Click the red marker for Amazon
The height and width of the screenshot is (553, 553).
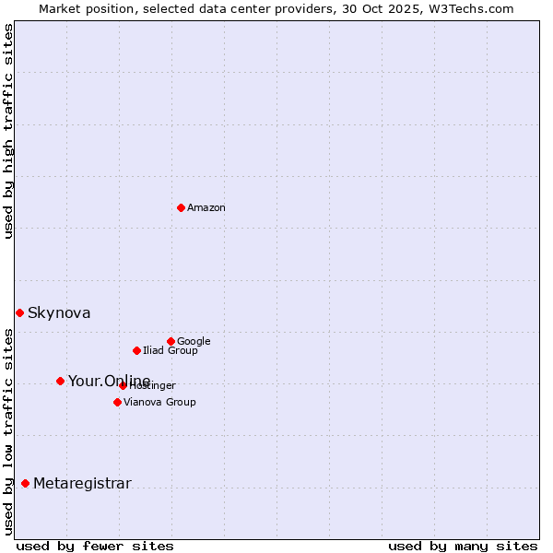pyautogui.click(x=181, y=207)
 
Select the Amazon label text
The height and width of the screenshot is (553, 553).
pyautogui.click(x=206, y=208)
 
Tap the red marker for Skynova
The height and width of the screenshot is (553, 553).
pyautogui.click(x=19, y=312)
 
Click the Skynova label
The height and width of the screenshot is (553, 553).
pyautogui.click(x=59, y=313)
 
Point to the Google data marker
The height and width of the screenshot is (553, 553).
pyautogui.click(x=171, y=341)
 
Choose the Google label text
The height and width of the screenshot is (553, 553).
pyautogui.click(x=194, y=342)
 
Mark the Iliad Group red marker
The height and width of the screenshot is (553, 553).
pyautogui.click(x=136, y=350)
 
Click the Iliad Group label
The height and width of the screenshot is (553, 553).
pyautogui.click(x=171, y=351)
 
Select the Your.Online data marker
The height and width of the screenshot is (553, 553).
pyautogui.click(x=60, y=381)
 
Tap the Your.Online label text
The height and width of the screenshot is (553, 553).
pyautogui.click(x=109, y=382)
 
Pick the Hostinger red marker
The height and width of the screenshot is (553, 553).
pyautogui.click(x=123, y=385)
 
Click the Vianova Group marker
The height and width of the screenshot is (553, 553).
pyautogui.click(x=117, y=402)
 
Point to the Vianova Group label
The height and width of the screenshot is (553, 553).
pyautogui.click(x=159, y=403)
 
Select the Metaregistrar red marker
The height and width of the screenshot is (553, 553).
pyautogui.click(x=25, y=483)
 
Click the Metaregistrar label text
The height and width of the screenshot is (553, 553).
pyautogui.click(x=82, y=484)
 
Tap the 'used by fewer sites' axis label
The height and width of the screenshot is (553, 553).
pyautogui.click(x=95, y=547)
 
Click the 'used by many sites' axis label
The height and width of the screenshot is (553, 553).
pyautogui.click(x=463, y=547)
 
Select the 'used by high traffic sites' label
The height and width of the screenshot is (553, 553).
pyautogui.click(x=8, y=132)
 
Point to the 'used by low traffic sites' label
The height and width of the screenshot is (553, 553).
pyautogui.click(x=8, y=431)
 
